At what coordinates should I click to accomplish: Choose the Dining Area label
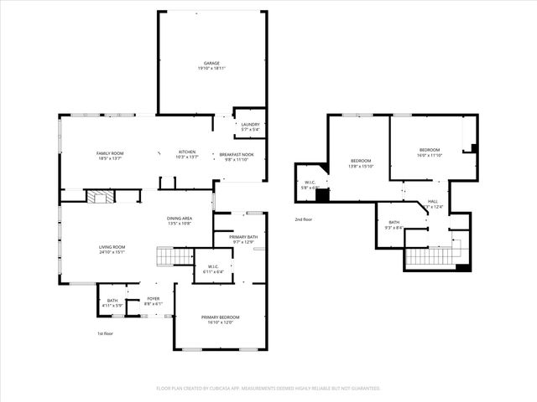click(180, 220)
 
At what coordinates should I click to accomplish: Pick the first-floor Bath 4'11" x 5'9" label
click(112, 301)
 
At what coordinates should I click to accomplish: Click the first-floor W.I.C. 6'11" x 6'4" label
click(211, 269)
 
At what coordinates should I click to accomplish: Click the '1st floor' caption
click(105, 333)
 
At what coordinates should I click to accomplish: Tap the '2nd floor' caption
click(303, 219)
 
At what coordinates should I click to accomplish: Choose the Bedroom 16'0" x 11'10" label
click(430, 152)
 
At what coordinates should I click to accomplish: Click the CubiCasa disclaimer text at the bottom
click(268, 388)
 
